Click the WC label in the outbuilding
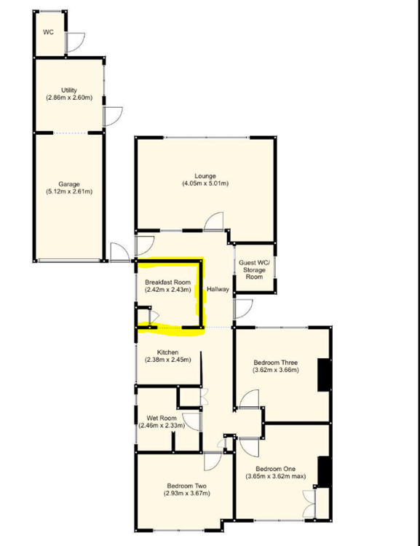(49, 32)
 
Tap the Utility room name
(69, 90)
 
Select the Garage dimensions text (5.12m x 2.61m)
(69, 191)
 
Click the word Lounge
(205, 176)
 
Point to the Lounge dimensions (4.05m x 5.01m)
(205, 183)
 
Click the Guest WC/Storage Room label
(255, 270)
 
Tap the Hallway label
(218, 289)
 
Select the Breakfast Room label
(168, 282)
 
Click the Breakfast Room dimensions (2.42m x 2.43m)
(168, 289)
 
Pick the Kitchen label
(167, 352)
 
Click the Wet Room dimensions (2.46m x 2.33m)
(162, 425)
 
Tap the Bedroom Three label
(275, 363)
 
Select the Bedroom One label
(275, 469)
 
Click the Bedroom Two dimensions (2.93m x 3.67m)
(186, 493)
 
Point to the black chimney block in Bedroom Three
(324, 375)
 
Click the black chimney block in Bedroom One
(324, 472)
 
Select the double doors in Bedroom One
(309, 504)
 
